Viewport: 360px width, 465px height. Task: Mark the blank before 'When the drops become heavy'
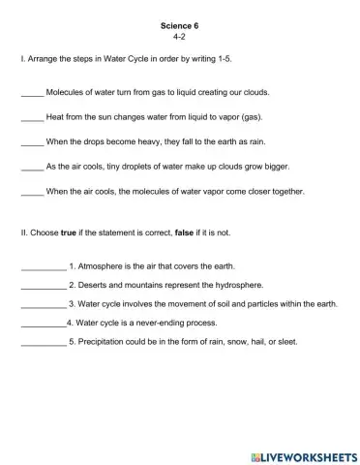32,144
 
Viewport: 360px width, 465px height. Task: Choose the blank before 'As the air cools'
32,169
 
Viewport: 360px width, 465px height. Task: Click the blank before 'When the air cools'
32,192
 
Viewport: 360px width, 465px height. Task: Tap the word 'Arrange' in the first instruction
45,60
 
